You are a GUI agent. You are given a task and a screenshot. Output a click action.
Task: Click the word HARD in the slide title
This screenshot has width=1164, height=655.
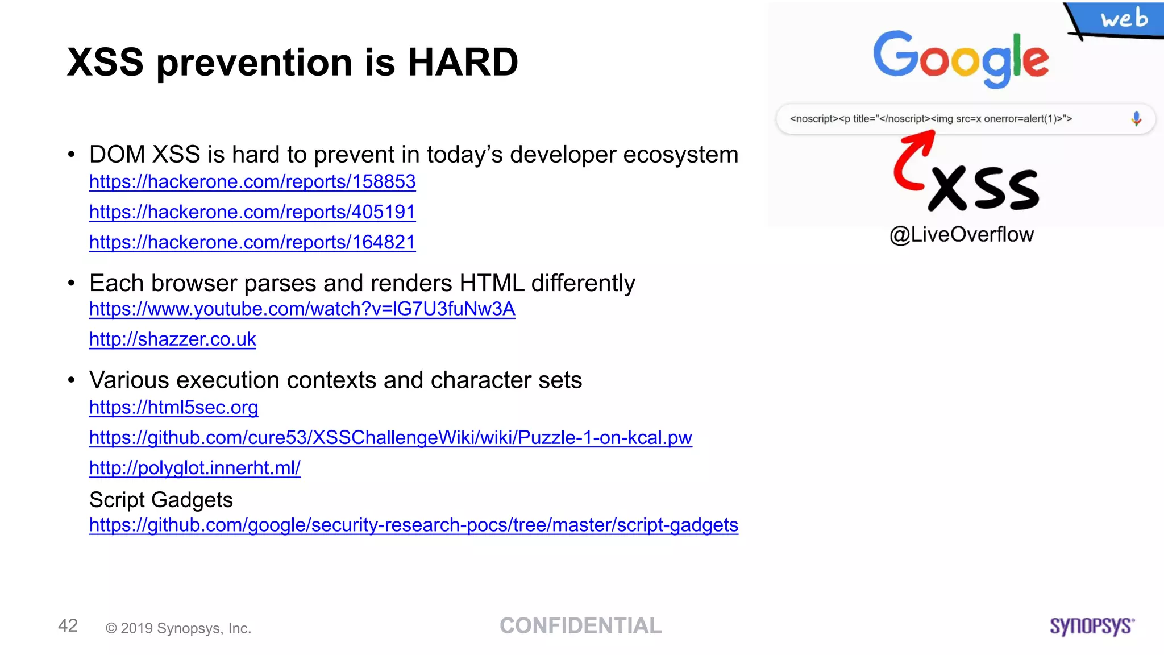click(x=463, y=62)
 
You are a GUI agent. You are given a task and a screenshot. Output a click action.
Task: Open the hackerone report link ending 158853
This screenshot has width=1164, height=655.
click(x=252, y=182)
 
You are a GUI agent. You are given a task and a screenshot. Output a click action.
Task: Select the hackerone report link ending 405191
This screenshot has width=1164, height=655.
click(x=252, y=212)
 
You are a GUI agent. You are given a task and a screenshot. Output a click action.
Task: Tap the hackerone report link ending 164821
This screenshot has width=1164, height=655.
click(x=252, y=242)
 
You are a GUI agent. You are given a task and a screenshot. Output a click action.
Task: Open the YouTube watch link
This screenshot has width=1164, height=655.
click(x=302, y=309)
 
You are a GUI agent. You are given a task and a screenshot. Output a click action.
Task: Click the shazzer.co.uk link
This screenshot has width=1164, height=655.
click(x=172, y=339)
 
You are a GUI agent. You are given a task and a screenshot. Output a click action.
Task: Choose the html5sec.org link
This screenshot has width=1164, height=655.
click(x=173, y=407)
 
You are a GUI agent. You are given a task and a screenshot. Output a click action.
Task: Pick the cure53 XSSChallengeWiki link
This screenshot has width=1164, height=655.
click(x=390, y=437)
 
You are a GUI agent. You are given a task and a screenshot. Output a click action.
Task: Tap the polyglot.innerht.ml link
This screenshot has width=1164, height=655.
click(x=194, y=467)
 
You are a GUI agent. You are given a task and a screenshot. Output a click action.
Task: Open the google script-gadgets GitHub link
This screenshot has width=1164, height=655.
click(x=413, y=525)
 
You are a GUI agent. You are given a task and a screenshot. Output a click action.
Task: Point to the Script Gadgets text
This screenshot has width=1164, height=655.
click(x=161, y=500)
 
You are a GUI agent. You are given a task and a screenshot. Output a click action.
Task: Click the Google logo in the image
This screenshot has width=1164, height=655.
click(x=961, y=59)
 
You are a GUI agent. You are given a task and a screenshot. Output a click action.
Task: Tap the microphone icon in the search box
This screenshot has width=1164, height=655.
click(x=1136, y=119)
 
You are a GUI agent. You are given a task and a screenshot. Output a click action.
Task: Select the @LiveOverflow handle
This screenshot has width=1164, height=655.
click(x=961, y=234)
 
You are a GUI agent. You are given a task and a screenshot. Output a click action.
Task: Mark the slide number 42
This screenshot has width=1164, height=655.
click(x=68, y=625)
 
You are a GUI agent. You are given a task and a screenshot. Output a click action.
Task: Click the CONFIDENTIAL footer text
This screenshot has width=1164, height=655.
click(x=580, y=625)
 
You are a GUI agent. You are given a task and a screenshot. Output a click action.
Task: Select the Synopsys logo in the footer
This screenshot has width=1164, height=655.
click(x=1091, y=626)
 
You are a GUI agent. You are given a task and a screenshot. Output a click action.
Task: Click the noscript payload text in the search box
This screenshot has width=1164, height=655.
click(x=930, y=119)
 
